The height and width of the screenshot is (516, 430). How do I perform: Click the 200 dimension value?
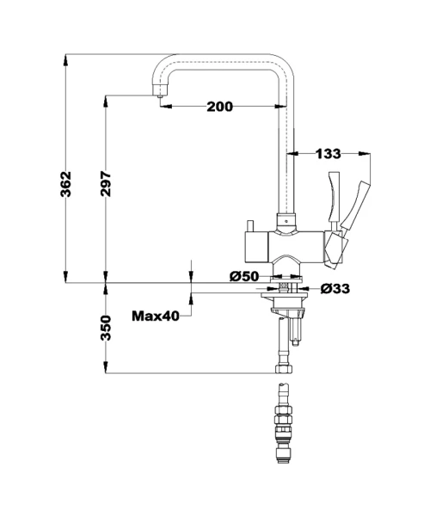pyautogui.click(x=220, y=107)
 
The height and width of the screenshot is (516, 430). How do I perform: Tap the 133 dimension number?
pyautogui.click(x=329, y=154)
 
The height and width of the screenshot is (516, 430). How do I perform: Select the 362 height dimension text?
pyautogui.click(x=66, y=184)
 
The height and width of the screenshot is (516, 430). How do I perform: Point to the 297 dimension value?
pyautogui.click(x=106, y=184)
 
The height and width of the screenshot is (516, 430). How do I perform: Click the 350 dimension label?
pyautogui.click(x=106, y=328)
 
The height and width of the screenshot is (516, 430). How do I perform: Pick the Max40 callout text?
pyautogui.click(x=156, y=316)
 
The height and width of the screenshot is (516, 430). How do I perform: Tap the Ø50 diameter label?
pyautogui.click(x=244, y=276)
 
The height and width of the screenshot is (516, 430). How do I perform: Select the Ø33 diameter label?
pyautogui.click(x=335, y=289)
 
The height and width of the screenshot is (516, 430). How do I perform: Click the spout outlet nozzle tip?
pyautogui.click(x=160, y=96)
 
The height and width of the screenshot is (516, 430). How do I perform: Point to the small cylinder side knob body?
pyautogui.click(x=256, y=247)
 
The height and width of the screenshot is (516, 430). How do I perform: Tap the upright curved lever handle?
pyautogui.click(x=334, y=198)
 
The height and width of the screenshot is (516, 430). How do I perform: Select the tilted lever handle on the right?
pyautogui.click(x=355, y=204)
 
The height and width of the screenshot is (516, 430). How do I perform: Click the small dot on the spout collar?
pyautogui.click(x=286, y=221)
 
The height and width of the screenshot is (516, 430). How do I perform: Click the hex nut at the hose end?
pyautogui.click(x=284, y=369)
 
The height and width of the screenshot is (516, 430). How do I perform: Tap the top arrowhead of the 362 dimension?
pyautogui.click(x=66, y=61)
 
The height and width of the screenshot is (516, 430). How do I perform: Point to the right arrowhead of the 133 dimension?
pyautogui.click(x=364, y=153)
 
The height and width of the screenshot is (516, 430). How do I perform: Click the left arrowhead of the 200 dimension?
pyautogui.click(x=167, y=107)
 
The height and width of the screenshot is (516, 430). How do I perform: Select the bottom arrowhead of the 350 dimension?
pyautogui.click(x=106, y=367)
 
